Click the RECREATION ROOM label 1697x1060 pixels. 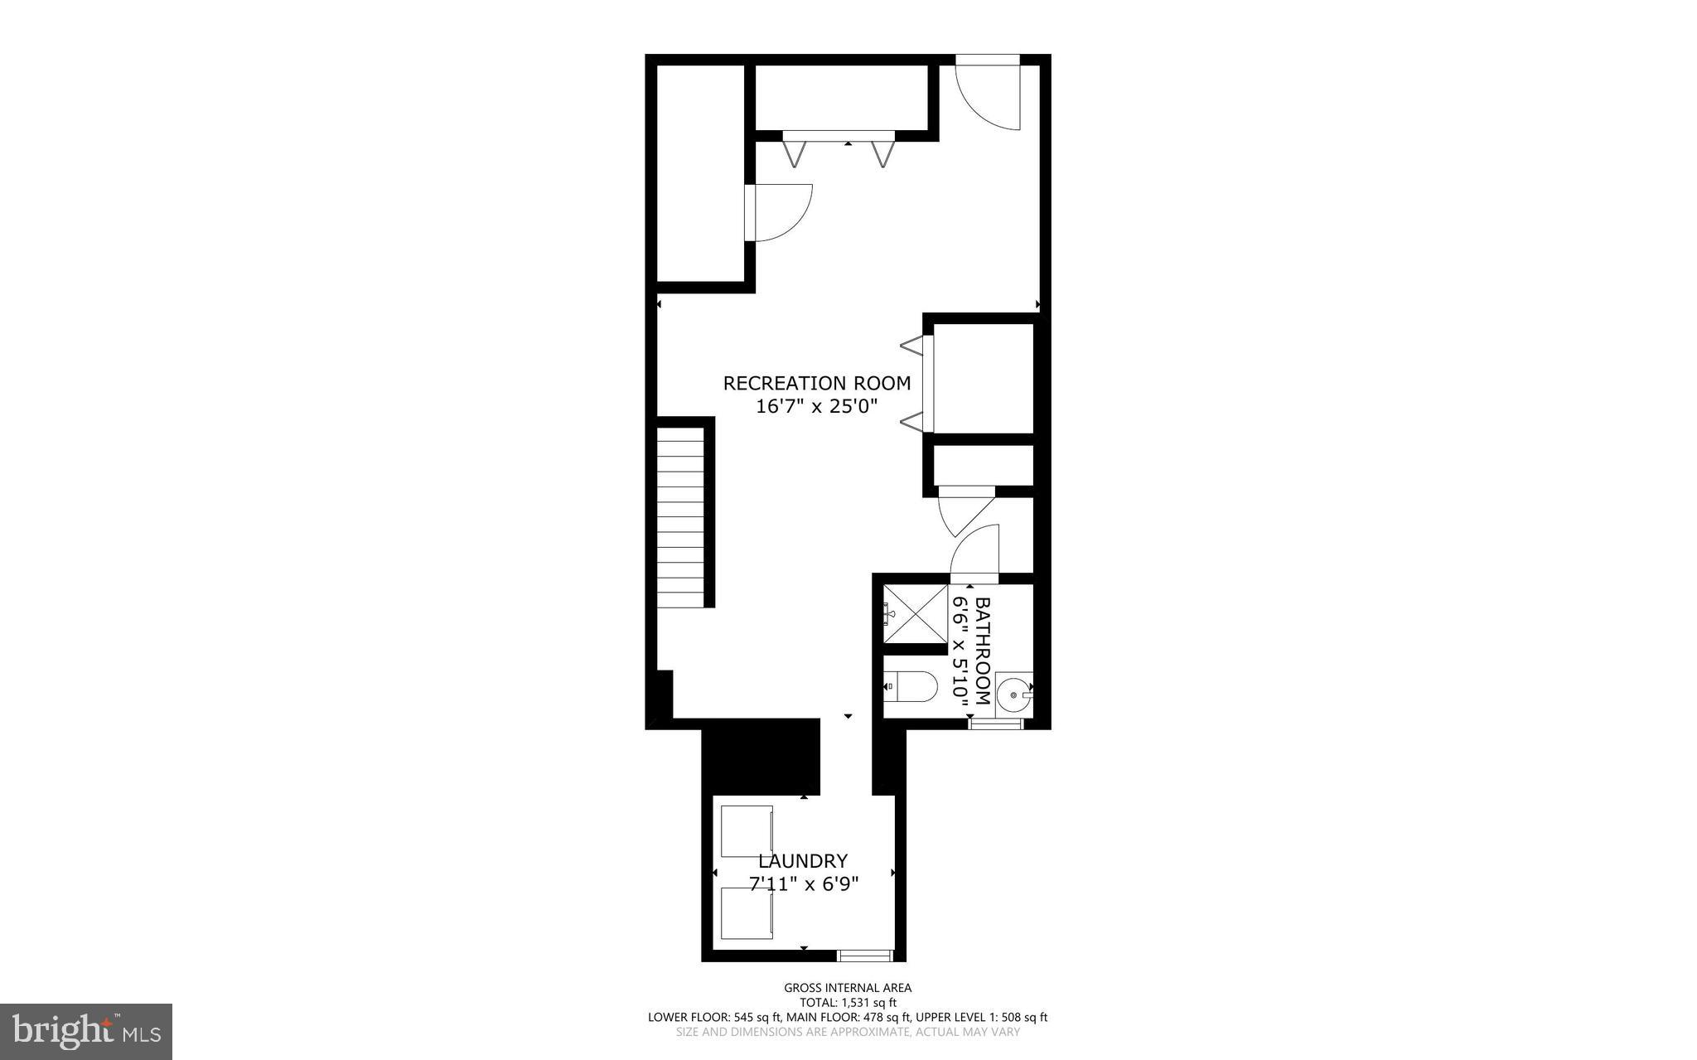pos(816,383)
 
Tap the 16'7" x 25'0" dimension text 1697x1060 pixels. pos(816,407)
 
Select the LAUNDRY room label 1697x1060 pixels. pos(802,861)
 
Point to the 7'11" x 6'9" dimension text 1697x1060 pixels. pos(802,884)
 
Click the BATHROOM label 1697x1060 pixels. pos(983,651)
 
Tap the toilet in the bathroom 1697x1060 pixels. pos(911,686)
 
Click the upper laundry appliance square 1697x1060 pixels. pos(747,830)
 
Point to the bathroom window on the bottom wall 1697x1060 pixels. pos(996,724)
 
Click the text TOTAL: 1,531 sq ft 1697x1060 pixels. pos(848,1002)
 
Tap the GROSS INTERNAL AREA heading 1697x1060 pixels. pos(848,987)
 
